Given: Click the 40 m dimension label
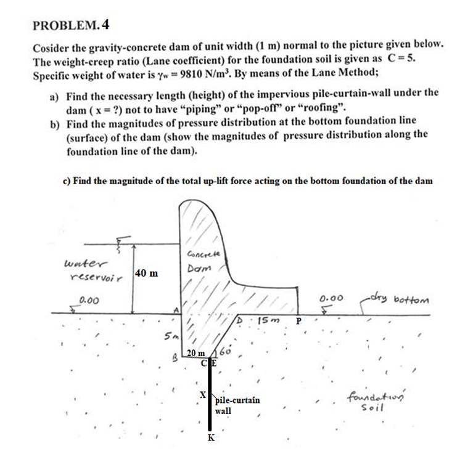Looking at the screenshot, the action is pyautogui.click(x=146, y=272).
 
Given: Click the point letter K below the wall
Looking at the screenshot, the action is pyautogui.click(x=211, y=438).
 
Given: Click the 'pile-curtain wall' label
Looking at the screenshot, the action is pyautogui.click(x=237, y=405).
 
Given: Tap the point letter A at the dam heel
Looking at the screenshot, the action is pyautogui.click(x=176, y=310).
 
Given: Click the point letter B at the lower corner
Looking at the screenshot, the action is pyautogui.click(x=175, y=356).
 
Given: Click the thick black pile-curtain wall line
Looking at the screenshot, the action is pyautogui.click(x=210, y=400).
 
